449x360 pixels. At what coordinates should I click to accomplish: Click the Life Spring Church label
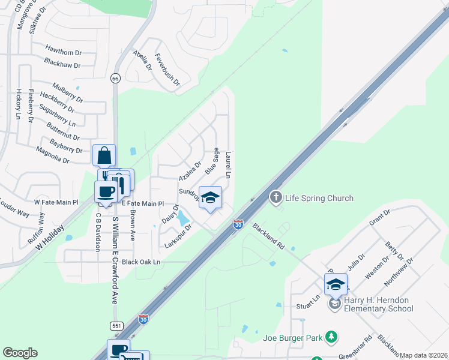(x=319, y=198)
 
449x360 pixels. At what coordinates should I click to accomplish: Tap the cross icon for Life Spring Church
(x=276, y=197)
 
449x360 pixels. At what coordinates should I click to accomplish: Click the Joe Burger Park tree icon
(x=330, y=337)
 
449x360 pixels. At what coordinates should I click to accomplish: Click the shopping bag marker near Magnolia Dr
(x=104, y=155)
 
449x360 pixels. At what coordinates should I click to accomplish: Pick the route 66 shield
(x=115, y=79)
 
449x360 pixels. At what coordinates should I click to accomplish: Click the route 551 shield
(x=116, y=325)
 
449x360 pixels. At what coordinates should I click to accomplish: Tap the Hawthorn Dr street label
(x=63, y=49)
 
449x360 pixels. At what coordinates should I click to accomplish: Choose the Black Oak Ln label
(x=141, y=262)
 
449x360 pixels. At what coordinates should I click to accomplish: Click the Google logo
(x=20, y=353)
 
